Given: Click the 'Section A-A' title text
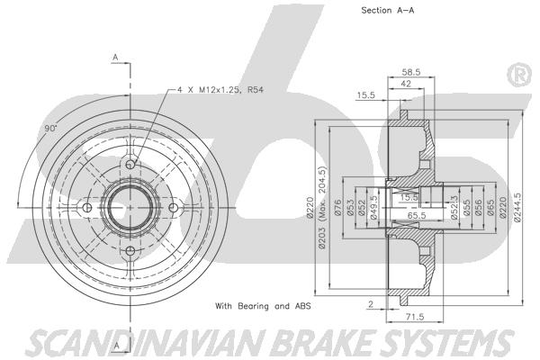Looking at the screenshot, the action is click(387, 11).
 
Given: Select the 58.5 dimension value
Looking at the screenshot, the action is click(411, 72).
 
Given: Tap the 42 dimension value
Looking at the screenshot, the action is click(406, 84).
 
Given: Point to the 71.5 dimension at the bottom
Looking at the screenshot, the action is click(415, 317).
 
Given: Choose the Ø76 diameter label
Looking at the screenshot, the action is click(337, 208).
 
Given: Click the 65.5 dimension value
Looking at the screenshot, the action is click(417, 216).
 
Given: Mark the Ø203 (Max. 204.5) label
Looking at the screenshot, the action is click(322, 208).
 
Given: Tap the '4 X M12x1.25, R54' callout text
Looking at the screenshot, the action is click(220, 90).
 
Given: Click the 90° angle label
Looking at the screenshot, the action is click(50, 129).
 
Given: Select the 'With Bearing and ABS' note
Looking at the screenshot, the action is click(263, 306).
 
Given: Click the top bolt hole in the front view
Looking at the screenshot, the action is click(130, 165).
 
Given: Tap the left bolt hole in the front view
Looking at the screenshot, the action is click(87, 208).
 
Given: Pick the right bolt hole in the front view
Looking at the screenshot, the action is click(174, 208).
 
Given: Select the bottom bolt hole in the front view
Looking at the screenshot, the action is click(130, 251).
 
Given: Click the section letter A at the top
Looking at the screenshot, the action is click(116, 58).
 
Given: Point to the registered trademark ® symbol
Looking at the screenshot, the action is click(520, 75).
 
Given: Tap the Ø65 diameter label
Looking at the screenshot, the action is click(491, 208).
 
